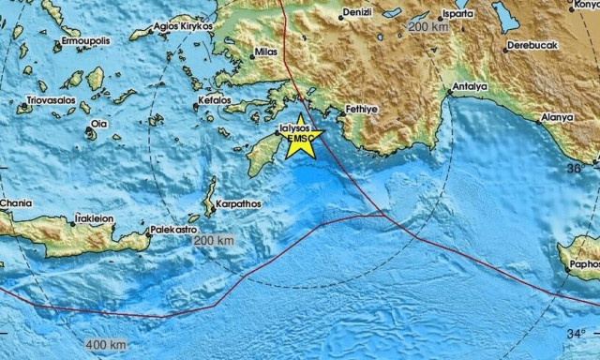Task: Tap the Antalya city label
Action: (470, 88)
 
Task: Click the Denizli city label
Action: (359, 12)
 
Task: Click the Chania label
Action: (16, 202)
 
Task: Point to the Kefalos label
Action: (215, 98)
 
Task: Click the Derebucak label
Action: (531, 45)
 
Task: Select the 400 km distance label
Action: (105, 345)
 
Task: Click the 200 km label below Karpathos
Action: (215, 241)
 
